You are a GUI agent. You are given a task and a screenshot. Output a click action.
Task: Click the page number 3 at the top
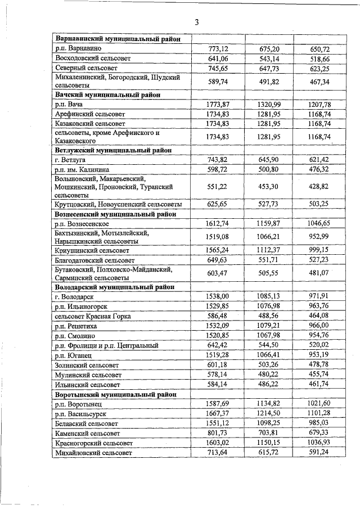(196, 22)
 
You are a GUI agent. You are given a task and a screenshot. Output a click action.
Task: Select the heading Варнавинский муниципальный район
(118, 39)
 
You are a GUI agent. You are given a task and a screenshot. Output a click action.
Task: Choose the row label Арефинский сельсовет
(90, 114)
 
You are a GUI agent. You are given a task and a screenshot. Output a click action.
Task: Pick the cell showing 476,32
(319, 169)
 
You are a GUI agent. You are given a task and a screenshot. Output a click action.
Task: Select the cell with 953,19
(319, 355)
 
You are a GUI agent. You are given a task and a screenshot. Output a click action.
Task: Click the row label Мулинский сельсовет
(87, 375)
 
